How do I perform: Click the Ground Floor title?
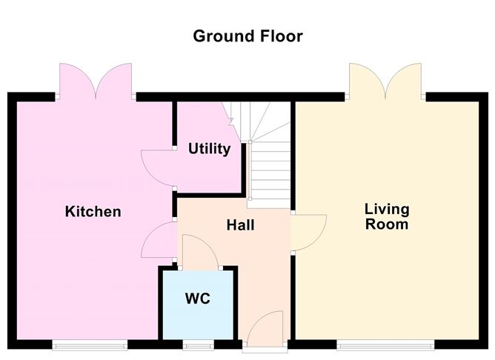coord(247,36)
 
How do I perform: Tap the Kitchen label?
coord(93,212)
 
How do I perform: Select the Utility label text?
coord(209,149)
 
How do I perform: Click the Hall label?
coord(240,224)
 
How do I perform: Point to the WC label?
coord(198,299)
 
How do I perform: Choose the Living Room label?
coord(387,216)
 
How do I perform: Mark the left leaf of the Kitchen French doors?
coord(76,80)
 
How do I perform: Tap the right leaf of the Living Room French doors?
coord(403,80)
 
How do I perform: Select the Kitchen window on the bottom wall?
coord(88,344)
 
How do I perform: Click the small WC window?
coord(196,344)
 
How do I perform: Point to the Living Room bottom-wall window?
coord(385,344)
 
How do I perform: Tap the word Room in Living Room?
coord(387,224)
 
